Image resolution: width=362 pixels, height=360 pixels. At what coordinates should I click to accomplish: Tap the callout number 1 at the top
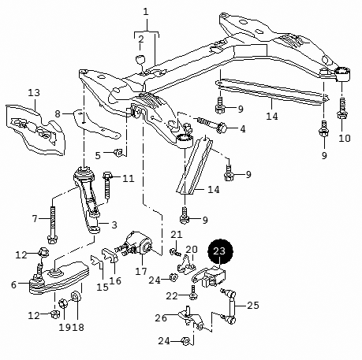point(146,11)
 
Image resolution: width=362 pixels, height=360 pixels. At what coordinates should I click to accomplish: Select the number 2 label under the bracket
point(140,39)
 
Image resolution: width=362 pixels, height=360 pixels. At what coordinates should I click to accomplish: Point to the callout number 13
point(33,93)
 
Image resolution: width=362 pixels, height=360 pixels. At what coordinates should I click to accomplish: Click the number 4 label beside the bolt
point(243,128)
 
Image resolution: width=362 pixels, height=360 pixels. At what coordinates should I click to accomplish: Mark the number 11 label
point(129,178)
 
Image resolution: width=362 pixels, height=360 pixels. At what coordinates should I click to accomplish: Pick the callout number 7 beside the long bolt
point(35,217)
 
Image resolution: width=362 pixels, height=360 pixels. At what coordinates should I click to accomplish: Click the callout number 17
point(141,273)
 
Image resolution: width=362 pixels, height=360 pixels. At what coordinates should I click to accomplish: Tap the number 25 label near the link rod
point(252,305)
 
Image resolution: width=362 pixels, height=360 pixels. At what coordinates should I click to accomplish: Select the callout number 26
point(162,318)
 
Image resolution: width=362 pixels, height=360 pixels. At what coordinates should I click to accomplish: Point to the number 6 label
point(13,284)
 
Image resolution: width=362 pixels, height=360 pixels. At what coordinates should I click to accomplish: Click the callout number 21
point(177,235)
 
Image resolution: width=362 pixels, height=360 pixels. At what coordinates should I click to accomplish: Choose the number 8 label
point(57,114)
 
